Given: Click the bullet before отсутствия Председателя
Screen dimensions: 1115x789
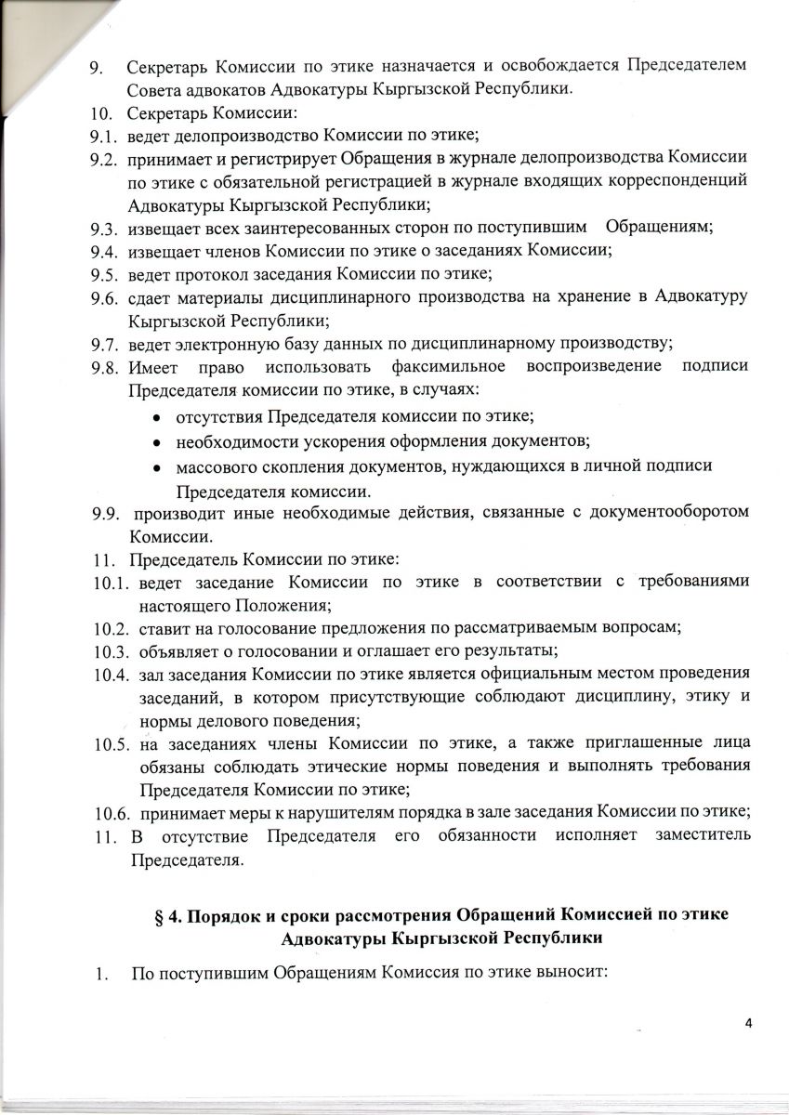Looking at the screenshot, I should point(156,419).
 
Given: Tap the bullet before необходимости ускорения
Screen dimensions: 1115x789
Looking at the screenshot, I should point(156,442).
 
